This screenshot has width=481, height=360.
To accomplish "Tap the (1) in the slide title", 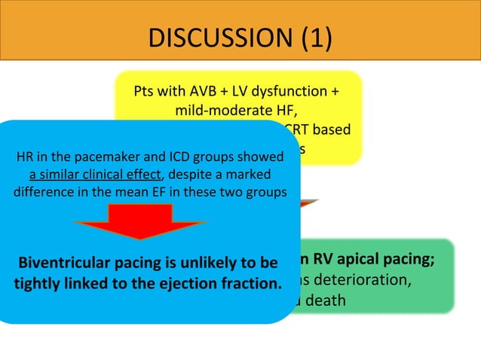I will point(314,37).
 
